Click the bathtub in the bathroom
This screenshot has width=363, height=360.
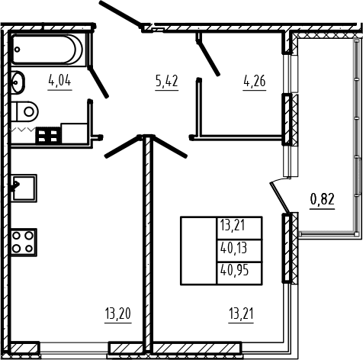[x=48, y=50]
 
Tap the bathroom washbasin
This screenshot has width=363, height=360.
[x=18, y=82]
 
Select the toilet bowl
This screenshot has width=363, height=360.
[x=24, y=111]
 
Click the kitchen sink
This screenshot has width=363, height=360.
[x=24, y=188]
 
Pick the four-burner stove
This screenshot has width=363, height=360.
[x=24, y=242]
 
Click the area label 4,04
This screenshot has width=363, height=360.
[x=60, y=82]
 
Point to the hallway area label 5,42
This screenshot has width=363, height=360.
[x=167, y=82]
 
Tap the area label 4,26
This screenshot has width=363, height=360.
[x=255, y=82]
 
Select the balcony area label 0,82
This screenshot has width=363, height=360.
[x=322, y=199]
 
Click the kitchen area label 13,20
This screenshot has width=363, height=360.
[x=118, y=313]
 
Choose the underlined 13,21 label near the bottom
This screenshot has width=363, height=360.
[x=241, y=313]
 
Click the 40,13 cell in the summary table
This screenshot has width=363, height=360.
[x=239, y=250]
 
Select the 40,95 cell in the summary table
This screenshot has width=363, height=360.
[x=239, y=273]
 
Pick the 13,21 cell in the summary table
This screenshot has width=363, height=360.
[x=239, y=228]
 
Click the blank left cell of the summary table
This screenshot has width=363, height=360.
[x=198, y=251]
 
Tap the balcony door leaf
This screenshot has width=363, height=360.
[x=280, y=198]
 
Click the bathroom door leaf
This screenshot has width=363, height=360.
[x=98, y=82]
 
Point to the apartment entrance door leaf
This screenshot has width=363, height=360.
[x=120, y=14]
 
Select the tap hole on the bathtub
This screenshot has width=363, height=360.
[x=17, y=50]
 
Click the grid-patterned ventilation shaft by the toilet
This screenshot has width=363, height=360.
[x=48, y=135]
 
